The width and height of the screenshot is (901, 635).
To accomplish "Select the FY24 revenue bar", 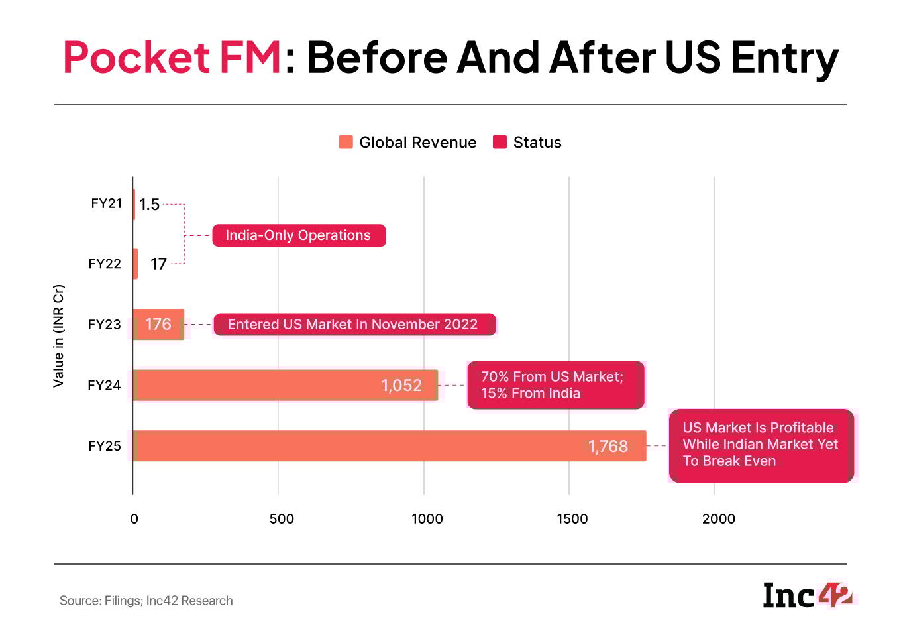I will (x=265, y=385).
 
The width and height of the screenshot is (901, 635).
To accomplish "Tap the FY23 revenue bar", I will (x=158, y=324).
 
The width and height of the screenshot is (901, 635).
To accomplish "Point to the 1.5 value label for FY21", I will (x=149, y=204).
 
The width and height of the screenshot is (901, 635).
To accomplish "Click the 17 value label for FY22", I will (x=158, y=264).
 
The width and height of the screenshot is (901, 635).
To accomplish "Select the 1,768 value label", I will (x=608, y=447).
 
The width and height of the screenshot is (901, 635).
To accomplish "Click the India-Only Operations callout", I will (x=299, y=235).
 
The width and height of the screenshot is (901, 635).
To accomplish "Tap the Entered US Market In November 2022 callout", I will (x=354, y=325).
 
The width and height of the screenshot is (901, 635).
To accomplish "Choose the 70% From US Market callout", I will (x=555, y=385).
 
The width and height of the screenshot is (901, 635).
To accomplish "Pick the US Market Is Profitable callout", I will (x=761, y=445).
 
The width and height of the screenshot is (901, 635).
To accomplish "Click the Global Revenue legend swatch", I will (x=346, y=142).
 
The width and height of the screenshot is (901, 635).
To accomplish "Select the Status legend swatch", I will (x=500, y=142).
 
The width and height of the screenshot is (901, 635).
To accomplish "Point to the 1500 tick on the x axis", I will (x=572, y=518).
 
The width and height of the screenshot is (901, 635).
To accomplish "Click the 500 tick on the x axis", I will (x=282, y=518).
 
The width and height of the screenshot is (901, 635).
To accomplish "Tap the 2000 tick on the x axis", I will (x=718, y=518).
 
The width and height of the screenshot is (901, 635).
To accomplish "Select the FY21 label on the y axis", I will (x=106, y=203).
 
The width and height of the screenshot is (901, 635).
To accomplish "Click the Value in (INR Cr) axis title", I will (x=58, y=335).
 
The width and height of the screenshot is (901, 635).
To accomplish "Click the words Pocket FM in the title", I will (x=173, y=58).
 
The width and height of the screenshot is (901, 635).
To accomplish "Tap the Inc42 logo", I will (x=807, y=595).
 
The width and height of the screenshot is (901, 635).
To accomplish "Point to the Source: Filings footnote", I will (x=146, y=601).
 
